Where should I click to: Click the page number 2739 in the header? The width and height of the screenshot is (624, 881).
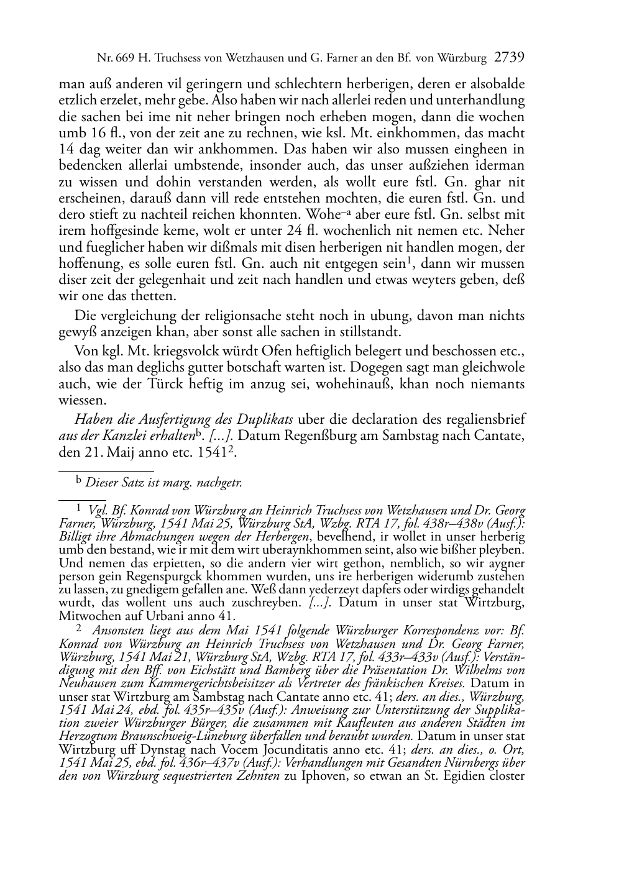tap(510, 58)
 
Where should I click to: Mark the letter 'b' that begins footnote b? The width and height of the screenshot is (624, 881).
tap(79, 480)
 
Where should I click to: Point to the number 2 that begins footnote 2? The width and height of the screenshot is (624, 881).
tap(79, 629)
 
